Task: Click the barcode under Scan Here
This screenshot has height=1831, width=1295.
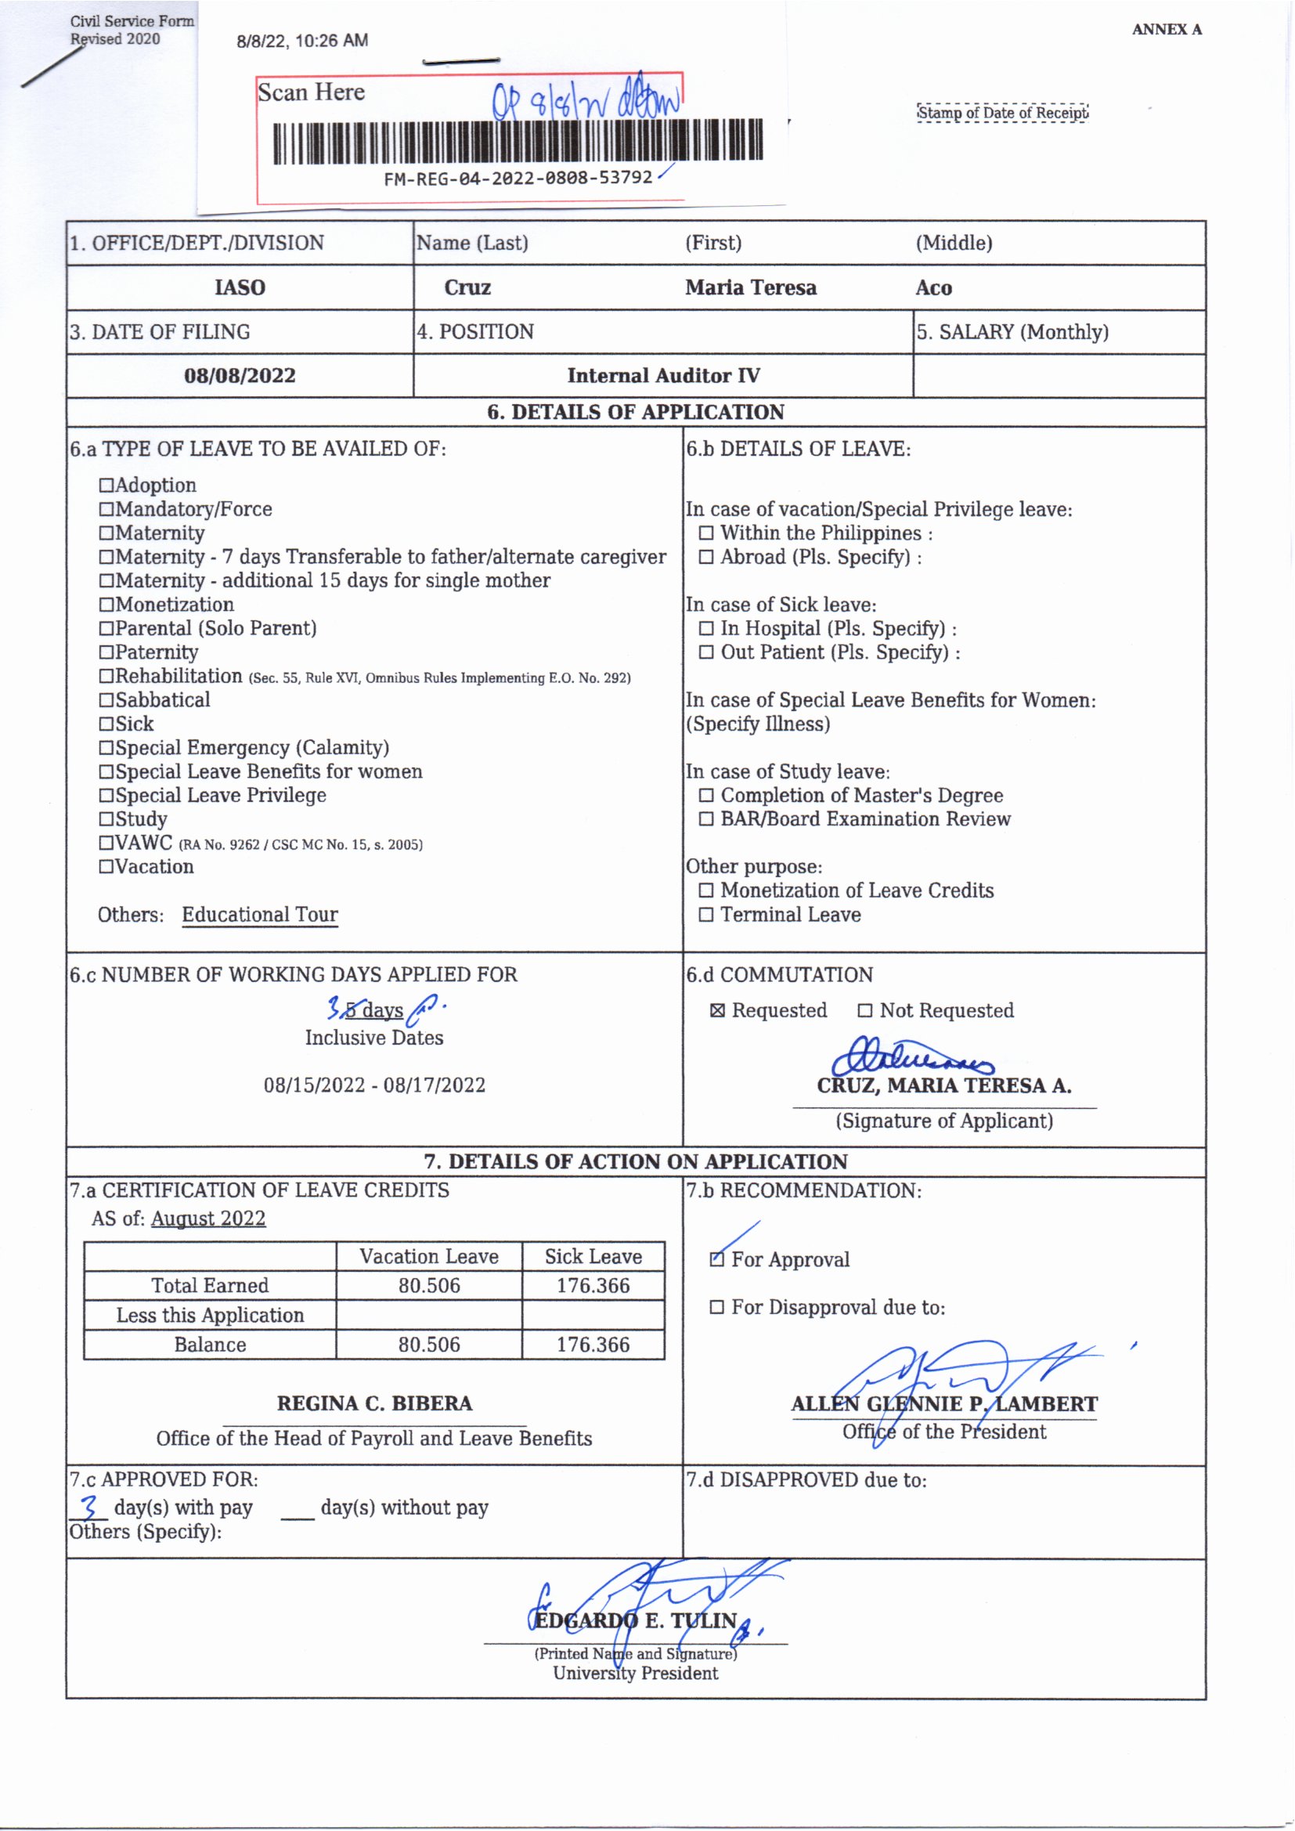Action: (518, 142)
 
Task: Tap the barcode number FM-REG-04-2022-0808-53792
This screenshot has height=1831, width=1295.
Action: (518, 178)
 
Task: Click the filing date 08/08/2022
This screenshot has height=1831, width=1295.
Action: (240, 376)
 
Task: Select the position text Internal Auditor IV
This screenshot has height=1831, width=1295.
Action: (663, 376)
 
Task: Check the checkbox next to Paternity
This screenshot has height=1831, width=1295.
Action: (106, 652)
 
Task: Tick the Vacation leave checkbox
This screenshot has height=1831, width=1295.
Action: (106, 867)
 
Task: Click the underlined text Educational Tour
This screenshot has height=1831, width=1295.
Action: (260, 915)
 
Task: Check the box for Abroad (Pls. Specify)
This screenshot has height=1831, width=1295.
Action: (705, 558)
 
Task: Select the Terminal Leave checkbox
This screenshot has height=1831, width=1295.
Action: (705, 915)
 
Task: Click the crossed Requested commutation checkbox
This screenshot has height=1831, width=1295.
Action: (718, 1011)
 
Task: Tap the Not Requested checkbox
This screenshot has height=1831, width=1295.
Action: (865, 1011)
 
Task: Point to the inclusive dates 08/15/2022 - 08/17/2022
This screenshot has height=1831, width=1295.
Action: (374, 1085)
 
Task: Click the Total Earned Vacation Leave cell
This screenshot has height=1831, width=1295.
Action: (429, 1285)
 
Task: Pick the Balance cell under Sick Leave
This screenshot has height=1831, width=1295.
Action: (593, 1345)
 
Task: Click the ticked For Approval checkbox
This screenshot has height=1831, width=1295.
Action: (718, 1260)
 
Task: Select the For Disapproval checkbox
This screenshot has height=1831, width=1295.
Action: (718, 1308)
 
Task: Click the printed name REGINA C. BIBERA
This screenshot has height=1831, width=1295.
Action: (374, 1403)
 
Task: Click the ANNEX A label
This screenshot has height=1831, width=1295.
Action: (1166, 31)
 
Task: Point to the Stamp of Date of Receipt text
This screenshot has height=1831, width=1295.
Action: (1002, 113)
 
